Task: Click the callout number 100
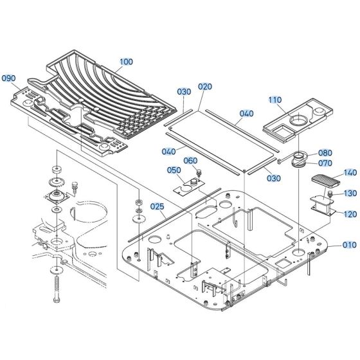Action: coord(126,62)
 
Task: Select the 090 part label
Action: coord(9,78)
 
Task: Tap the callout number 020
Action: coord(204,86)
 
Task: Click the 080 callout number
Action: coord(325,153)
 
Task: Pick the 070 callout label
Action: coord(325,163)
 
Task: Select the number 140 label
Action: coord(350,173)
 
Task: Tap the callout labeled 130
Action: coord(350,193)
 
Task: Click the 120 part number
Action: coord(350,214)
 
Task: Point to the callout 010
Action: coord(350,245)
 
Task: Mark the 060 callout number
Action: coord(190,161)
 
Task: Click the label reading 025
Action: coord(157,207)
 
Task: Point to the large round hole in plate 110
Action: coord(300,120)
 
